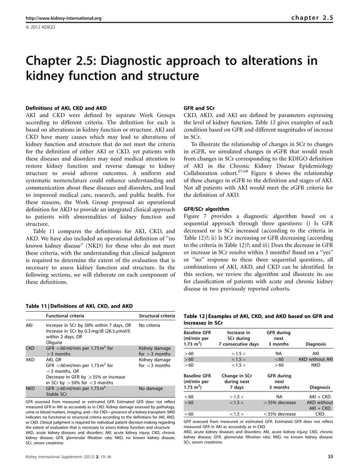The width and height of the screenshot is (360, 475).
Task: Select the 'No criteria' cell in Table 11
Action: click(151, 326)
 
